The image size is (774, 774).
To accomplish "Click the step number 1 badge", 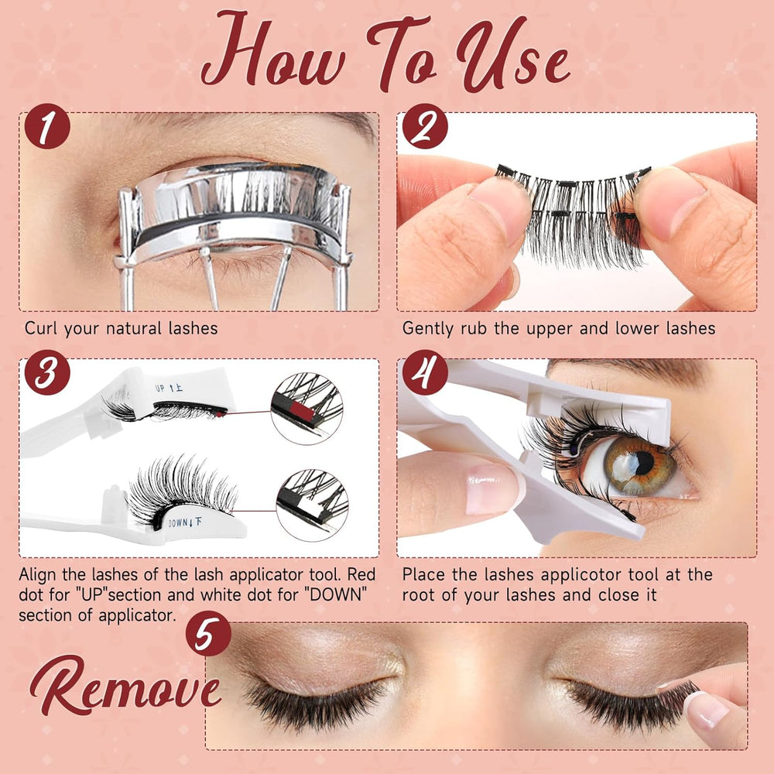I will click(46, 129).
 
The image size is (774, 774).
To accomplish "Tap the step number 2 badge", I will click(425, 129).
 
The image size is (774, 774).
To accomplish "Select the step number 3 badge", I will click(46, 375).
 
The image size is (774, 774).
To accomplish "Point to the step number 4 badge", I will click(425, 375).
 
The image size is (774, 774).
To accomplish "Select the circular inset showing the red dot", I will click(307, 408).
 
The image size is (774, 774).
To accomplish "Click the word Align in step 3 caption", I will click(40, 575).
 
